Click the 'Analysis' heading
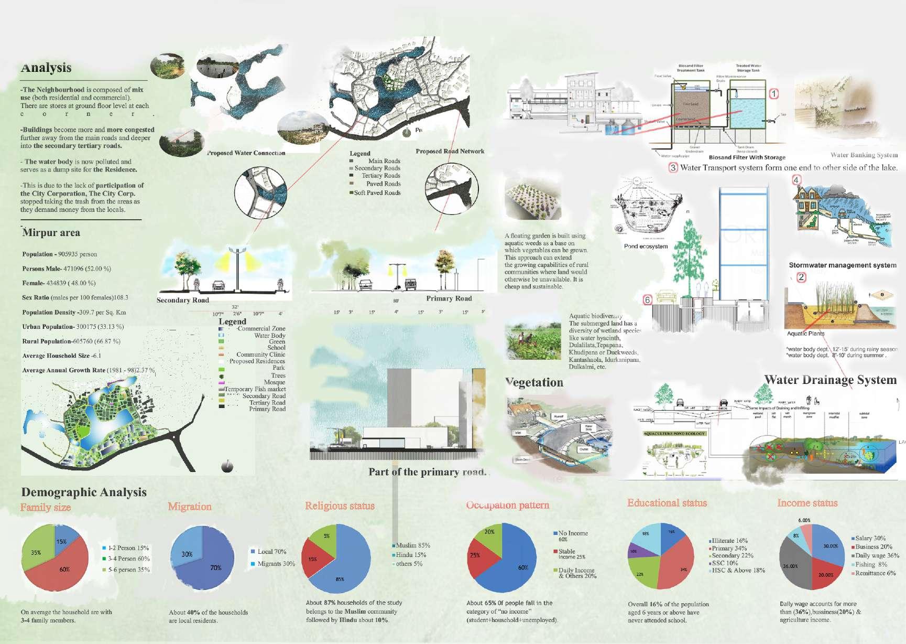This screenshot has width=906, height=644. (x=46, y=68)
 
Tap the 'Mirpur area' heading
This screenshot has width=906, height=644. (x=51, y=233)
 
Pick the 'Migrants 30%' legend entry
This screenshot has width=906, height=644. (x=276, y=564)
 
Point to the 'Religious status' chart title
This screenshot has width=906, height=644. (x=340, y=506)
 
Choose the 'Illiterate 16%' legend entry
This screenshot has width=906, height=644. (x=729, y=541)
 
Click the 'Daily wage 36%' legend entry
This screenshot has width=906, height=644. (x=877, y=555)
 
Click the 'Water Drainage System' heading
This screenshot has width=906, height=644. (x=830, y=380)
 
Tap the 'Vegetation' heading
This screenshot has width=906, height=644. (x=534, y=383)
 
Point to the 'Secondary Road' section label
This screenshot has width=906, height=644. (x=182, y=300)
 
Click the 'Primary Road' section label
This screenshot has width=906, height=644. (x=449, y=298)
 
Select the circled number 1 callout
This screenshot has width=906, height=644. (x=773, y=94)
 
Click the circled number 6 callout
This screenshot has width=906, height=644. (x=648, y=300)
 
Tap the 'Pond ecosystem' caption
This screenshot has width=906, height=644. (x=646, y=246)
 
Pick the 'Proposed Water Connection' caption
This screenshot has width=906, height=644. (x=246, y=153)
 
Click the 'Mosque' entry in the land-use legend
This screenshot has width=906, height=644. (x=275, y=382)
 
